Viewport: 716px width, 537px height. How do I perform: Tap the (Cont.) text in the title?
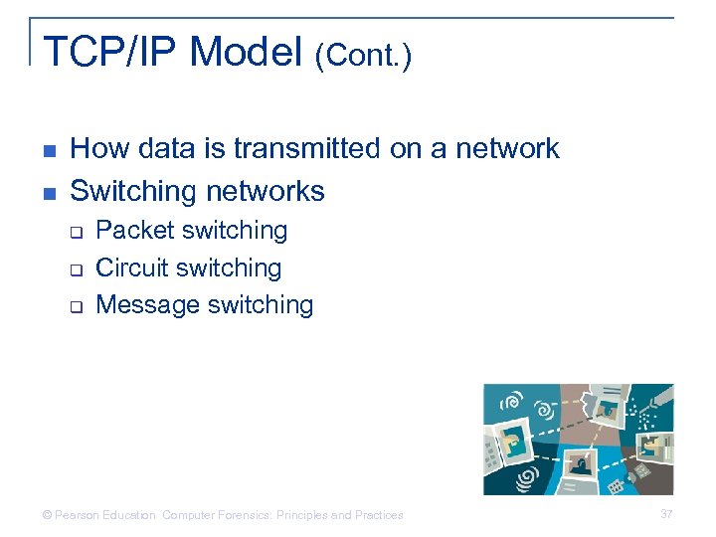(x=363, y=56)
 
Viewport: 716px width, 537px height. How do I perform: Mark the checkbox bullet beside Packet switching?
(x=75, y=232)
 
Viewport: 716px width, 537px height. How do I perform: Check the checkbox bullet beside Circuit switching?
(x=75, y=269)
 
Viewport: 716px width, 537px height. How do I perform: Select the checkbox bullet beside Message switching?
(x=75, y=306)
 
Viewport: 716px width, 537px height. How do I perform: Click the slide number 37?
(x=666, y=514)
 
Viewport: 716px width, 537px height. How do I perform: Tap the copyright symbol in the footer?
(x=47, y=515)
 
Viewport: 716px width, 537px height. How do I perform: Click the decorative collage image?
(x=578, y=439)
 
